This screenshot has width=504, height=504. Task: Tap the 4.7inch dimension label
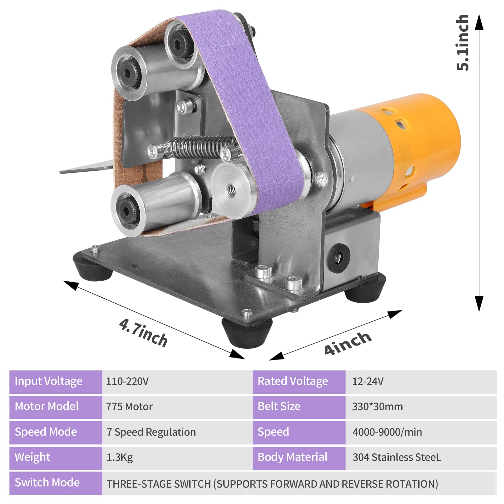click(143, 333)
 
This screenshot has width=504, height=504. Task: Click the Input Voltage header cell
click(56, 382)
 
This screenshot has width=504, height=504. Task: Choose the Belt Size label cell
click(299, 407)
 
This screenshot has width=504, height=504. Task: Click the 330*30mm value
click(377, 407)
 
